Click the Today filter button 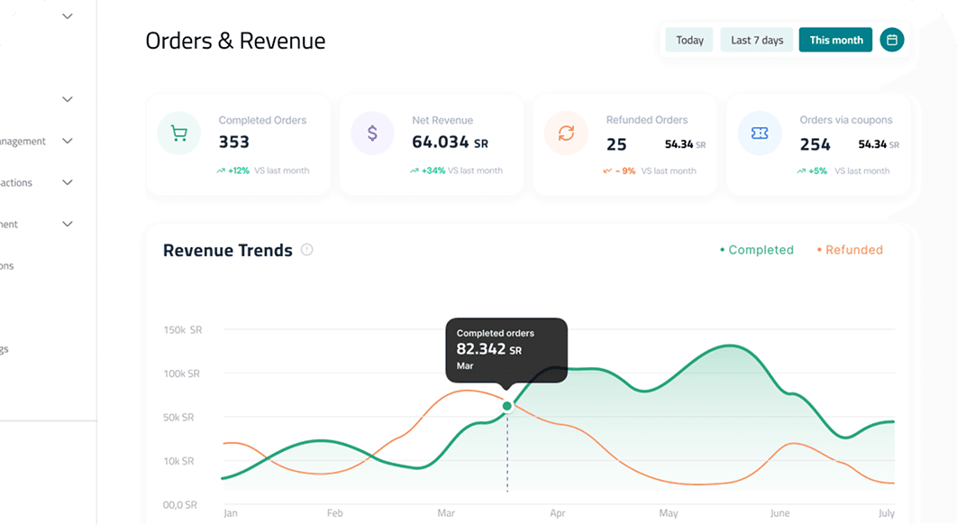(689, 40)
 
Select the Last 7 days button (757, 40)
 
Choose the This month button (835, 40)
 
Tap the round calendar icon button (892, 40)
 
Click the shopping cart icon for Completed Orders (179, 134)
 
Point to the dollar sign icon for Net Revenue (372, 134)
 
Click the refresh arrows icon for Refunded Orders (566, 134)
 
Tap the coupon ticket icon (760, 134)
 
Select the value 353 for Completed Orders (234, 143)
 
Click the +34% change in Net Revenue (433, 170)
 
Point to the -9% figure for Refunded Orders (625, 170)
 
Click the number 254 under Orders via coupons (816, 144)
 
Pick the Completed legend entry (757, 250)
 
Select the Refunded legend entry (850, 250)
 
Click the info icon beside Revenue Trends (306, 250)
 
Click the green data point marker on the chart (507, 406)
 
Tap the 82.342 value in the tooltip (481, 349)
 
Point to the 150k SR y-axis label (182, 330)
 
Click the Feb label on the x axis (334, 513)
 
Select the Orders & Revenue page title (235, 41)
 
